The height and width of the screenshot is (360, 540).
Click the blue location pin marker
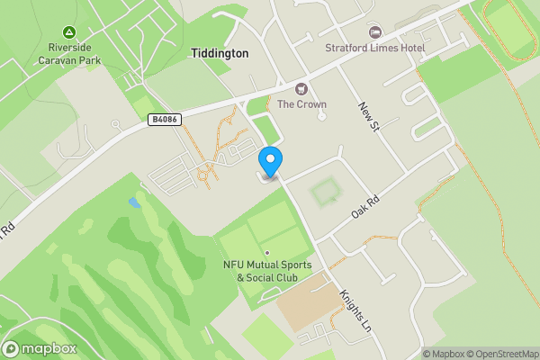click(x=270, y=160)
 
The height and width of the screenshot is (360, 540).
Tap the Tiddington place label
click(x=220, y=54)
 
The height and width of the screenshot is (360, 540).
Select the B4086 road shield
click(x=162, y=118)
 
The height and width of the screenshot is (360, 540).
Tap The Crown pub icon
click(x=301, y=88)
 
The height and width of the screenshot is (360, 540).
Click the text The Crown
click(x=301, y=104)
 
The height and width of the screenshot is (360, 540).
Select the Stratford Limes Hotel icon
click(x=376, y=32)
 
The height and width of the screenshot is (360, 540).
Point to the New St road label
click(x=366, y=117)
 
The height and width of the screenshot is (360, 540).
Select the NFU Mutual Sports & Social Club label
click(x=267, y=271)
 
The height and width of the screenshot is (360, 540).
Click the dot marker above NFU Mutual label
click(x=267, y=252)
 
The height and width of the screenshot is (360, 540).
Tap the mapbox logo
click(x=40, y=348)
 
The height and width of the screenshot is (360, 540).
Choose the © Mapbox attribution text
click(x=445, y=354)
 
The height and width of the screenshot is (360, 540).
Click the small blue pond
click(x=134, y=202)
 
